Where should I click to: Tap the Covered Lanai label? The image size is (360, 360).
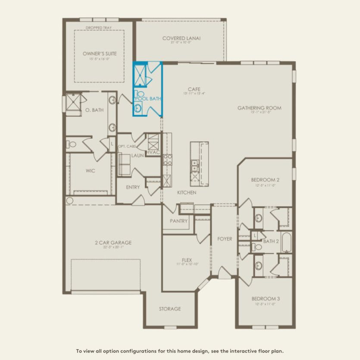pos(181,38)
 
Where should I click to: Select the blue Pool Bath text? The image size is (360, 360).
pos(149,99)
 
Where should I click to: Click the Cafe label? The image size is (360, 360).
pos(194,89)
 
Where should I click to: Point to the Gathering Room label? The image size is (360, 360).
pos(259,108)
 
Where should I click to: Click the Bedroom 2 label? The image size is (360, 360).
pos(266,180)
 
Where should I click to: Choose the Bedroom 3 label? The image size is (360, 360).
pos(266,299)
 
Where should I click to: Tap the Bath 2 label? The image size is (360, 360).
pos(271,241)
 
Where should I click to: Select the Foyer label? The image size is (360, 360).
pos(225,239)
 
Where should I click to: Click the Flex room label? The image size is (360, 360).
pos(186,260)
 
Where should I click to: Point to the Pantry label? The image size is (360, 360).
pos(178,221)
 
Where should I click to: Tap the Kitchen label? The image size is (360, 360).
pos(187,192)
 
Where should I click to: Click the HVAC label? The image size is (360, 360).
pos(153,152)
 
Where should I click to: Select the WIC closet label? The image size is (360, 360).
pos(90,171)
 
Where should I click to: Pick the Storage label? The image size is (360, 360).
pos(169,309)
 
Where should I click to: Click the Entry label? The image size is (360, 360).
pos(133,187)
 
